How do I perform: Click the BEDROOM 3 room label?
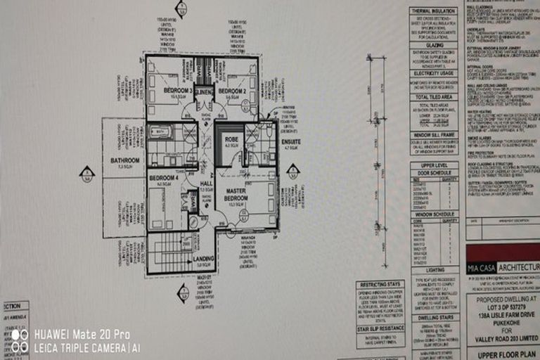point(177,91)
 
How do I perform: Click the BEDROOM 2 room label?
point(231,91)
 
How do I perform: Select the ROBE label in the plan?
point(232,140)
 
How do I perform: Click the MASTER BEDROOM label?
point(236,195)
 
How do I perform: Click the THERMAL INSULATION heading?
point(433,12)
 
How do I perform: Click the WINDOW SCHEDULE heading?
point(433,214)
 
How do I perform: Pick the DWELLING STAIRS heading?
point(433,318)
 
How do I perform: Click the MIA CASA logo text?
point(482,268)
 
